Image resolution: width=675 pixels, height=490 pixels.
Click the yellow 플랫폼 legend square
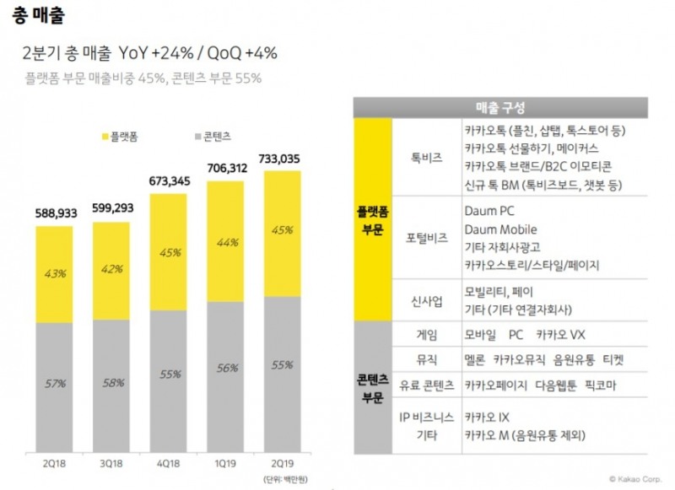pos(105,136)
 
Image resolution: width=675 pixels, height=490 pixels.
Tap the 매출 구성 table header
pos(500,107)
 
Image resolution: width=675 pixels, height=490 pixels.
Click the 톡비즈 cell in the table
pos(426,158)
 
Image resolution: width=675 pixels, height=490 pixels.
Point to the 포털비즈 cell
pos(426,240)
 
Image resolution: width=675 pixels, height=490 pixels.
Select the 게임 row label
pos(426,334)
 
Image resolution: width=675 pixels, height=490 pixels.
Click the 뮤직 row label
pos(426,359)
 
